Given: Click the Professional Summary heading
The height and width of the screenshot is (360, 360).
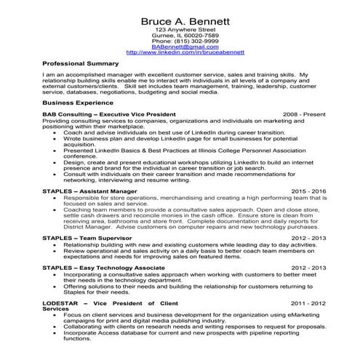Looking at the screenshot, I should tap(80, 64).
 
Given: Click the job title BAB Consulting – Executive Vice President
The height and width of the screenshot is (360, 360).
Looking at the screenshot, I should tap(109, 115).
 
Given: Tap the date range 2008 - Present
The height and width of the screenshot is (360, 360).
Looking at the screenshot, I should tap(305, 115).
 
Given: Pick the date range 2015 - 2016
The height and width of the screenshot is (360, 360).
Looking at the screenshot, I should tap(309, 191).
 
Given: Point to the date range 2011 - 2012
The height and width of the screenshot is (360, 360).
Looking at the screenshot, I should tap(309, 302).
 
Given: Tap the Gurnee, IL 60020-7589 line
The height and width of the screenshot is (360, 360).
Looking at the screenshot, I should tap(185, 36).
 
